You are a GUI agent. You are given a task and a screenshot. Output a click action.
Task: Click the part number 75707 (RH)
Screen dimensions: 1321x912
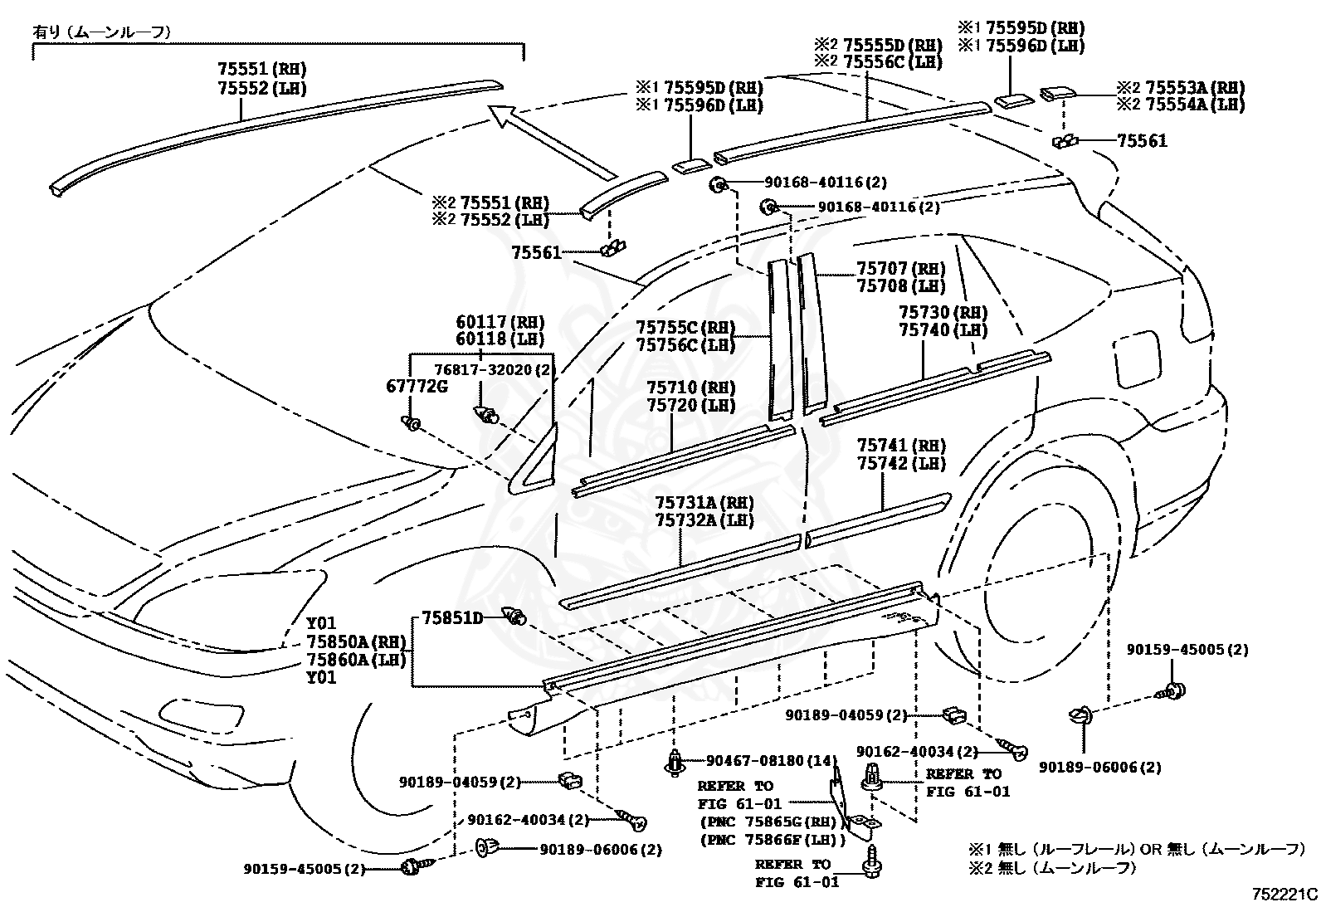tap(901, 269)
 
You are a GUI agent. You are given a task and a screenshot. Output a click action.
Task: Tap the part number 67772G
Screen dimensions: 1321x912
tap(417, 387)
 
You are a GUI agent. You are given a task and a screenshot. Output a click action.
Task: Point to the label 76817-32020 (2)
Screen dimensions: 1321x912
tap(492, 370)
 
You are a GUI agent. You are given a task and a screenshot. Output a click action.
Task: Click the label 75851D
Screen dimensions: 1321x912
tap(452, 617)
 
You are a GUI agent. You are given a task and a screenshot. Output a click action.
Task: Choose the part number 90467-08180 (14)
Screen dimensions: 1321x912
tap(772, 760)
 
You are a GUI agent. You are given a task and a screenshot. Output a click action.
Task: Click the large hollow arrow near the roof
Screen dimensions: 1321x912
tap(552, 141)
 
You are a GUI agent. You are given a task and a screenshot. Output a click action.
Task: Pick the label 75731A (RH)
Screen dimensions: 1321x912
tap(705, 503)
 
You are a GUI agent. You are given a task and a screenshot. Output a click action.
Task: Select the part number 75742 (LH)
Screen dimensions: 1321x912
tap(902, 463)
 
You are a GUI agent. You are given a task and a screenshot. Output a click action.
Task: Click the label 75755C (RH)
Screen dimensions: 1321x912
tap(686, 327)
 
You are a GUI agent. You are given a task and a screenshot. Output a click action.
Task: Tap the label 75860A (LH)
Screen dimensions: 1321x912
tap(356, 659)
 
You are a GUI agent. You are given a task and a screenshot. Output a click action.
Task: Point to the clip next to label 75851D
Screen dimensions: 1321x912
tap(514, 616)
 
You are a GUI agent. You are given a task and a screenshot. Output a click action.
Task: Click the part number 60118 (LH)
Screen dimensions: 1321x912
tap(500, 339)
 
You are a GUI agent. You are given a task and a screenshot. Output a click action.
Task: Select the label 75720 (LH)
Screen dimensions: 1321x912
tap(691, 405)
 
